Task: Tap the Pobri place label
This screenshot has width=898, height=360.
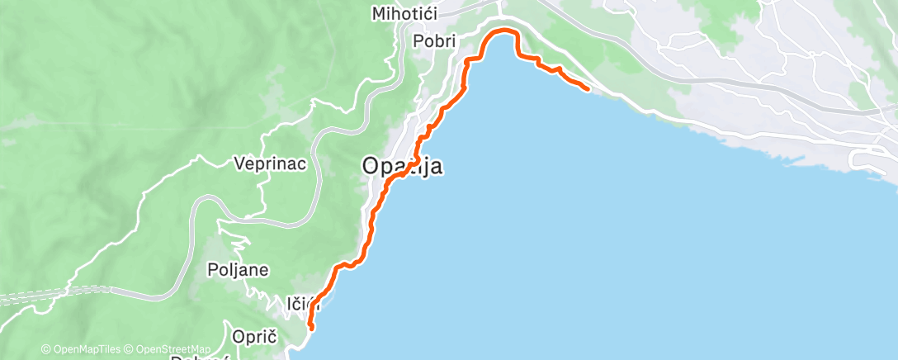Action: pyautogui.click(x=434, y=42)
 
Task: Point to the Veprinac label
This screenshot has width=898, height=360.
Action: pyautogui.click(x=269, y=163)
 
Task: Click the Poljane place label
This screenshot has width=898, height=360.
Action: pyautogui.click(x=239, y=270)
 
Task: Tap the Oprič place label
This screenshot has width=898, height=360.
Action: pyautogui.click(x=253, y=337)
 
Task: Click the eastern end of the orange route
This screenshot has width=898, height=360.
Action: pyautogui.click(x=587, y=88)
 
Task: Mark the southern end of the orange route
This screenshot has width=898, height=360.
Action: pyautogui.click(x=312, y=327)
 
